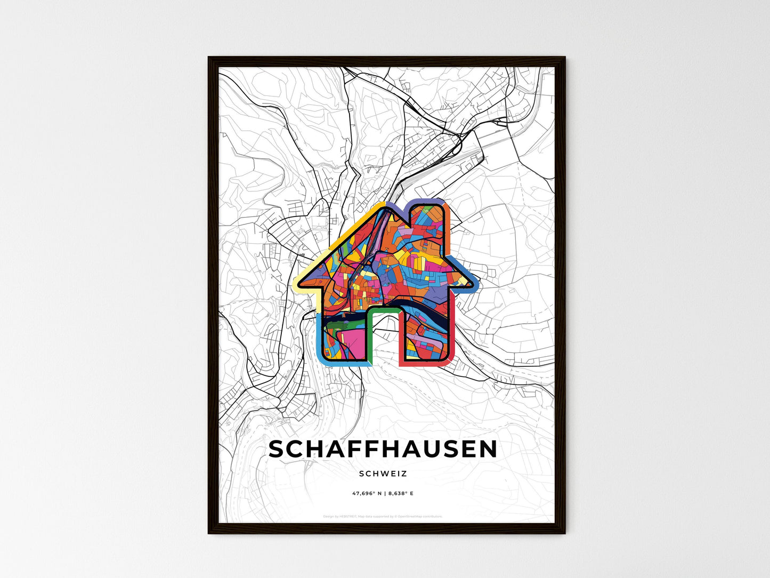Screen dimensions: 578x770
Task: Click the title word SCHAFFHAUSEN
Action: pos(383,449)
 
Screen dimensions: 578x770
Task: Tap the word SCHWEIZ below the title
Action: pos(383,473)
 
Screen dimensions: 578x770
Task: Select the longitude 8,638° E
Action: pos(399,493)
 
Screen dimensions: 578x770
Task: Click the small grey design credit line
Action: pos(383,517)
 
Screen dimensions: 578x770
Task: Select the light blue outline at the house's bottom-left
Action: pos(319,341)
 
